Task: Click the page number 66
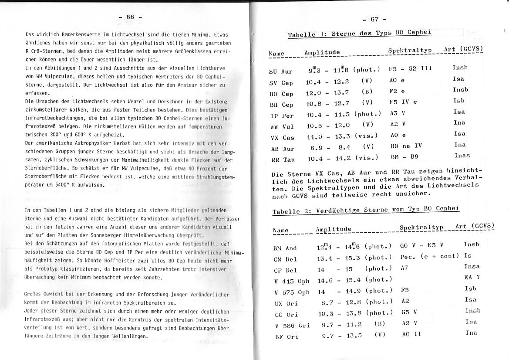[x=130, y=17]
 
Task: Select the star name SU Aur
[x=281, y=71]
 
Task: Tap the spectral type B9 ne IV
[x=405, y=146]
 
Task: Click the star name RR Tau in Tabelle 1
[x=283, y=160]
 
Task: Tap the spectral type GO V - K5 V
[x=421, y=245]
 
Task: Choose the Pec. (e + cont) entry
[x=429, y=256]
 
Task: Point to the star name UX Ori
[x=286, y=303]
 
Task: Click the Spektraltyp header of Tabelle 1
[x=410, y=51]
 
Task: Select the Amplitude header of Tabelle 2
[x=334, y=229]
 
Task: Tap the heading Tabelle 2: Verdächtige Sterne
[x=366, y=210]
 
